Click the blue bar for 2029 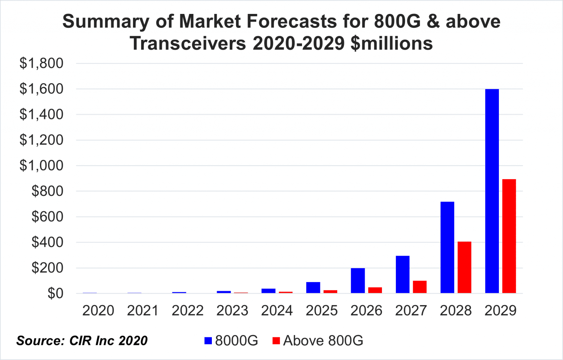click(492, 191)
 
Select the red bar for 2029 click(509, 236)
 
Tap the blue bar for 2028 click(447, 247)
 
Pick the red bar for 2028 click(464, 267)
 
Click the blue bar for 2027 click(402, 274)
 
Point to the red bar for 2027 click(420, 287)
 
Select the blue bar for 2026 click(358, 281)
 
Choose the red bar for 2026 click(375, 290)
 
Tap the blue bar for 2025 click(313, 287)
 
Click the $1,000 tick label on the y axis click(41, 166)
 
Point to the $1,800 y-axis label click(41, 63)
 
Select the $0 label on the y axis click(55, 293)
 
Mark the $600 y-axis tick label click(47, 217)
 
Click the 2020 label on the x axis click(98, 311)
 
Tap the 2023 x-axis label click(232, 311)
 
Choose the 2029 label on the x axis click(500, 311)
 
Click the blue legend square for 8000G click(208, 341)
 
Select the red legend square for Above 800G click(276, 341)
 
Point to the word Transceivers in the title click(188, 43)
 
